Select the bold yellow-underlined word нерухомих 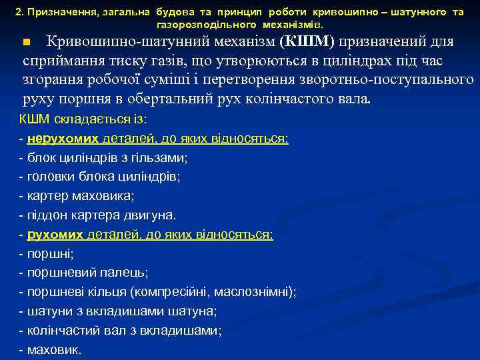pyautogui.click(x=63, y=139)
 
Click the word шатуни pyautogui.click(x=47, y=311)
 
